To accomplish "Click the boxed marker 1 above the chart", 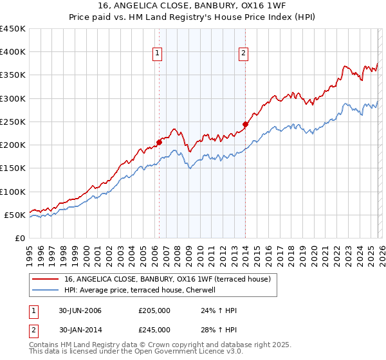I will (158, 54).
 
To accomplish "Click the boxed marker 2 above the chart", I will (244, 54).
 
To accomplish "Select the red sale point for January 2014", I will (245, 123).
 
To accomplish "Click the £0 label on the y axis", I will (19, 238).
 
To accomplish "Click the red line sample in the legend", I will (46, 279).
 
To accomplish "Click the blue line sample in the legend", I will (46, 290).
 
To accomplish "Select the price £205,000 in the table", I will (154, 311).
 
